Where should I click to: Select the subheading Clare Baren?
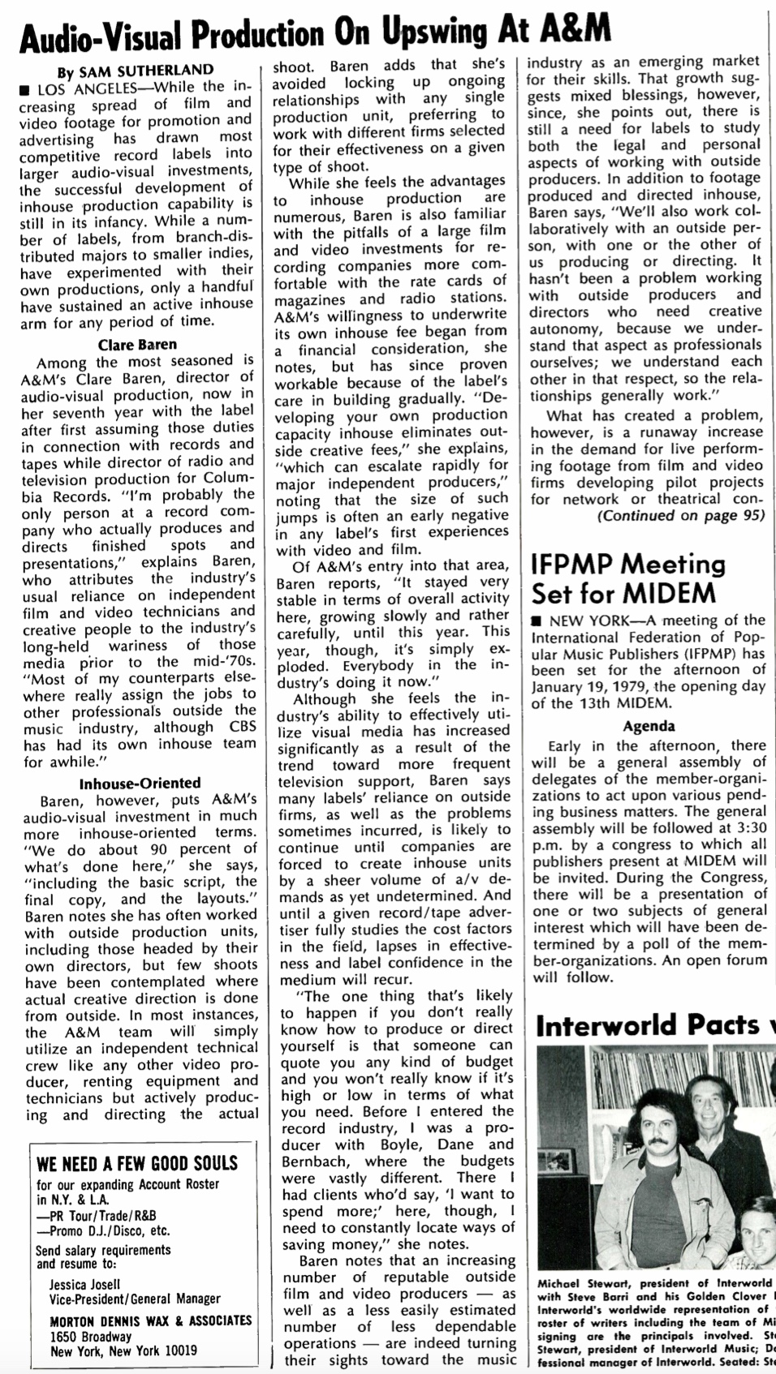pos(137,344)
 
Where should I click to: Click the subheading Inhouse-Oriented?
pos(140,783)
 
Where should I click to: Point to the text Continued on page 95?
pos(680,516)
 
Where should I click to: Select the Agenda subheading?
pos(649,726)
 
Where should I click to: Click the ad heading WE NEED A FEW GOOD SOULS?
pos(137,1164)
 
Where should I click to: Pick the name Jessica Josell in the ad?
pos(84,1284)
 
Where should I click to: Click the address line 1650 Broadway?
pos(90,1336)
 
